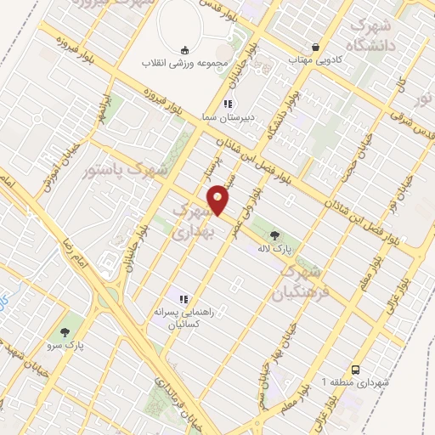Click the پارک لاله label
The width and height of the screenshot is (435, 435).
[x=275, y=249]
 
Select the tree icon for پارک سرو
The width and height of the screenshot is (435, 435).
[x=65, y=330]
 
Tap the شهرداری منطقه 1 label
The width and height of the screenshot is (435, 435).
[x=356, y=383]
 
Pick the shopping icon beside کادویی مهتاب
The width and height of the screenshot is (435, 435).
[x=316, y=48]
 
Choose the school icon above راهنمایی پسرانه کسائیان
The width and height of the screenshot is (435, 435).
[x=181, y=297]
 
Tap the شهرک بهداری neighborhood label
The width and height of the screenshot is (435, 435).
[x=193, y=219]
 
